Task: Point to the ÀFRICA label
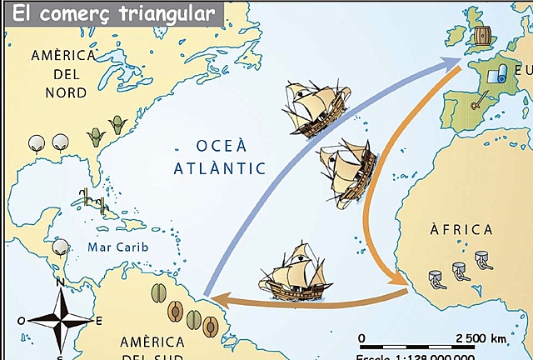pyautogui.click(x=461, y=229)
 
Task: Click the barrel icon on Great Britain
pyautogui.click(x=483, y=37)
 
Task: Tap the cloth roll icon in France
pyautogui.click(x=496, y=74)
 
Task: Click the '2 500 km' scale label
pyautogui.click(x=481, y=337)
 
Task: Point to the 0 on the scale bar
pyautogui.click(x=361, y=337)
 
